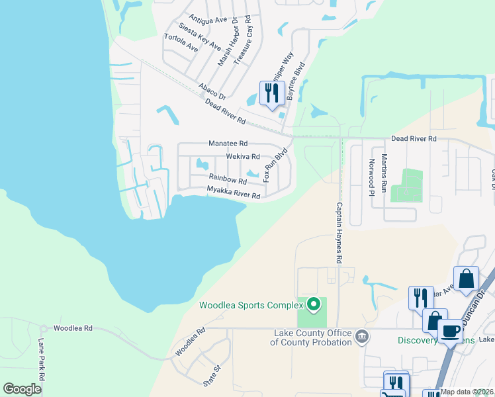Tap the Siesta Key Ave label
tap(199, 36)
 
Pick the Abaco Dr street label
tap(212, 91)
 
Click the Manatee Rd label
tap(228, 143)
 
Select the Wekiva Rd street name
tap(243, 157)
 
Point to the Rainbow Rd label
tap(228, 179)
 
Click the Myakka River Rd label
tap(233, 193)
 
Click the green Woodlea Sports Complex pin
tap(314, 305)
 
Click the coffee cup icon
tap(451, 330)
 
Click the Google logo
tap(22, 389)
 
